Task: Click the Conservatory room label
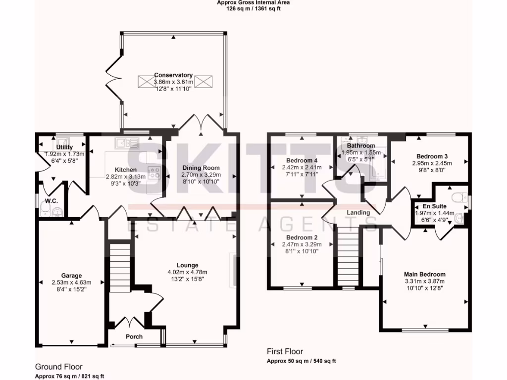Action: coord(173,75)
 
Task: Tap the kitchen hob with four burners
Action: coord(154,173)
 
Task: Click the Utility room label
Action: coord(64,147)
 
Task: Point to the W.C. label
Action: coord(52,201)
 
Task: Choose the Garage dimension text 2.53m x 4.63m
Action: coord(72,283)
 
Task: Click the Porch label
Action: coord(134,336)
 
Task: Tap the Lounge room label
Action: coord(188,265)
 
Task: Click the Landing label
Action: coord(358,212)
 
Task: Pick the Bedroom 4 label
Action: coord(302,160)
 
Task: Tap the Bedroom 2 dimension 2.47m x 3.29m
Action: coord(300,244)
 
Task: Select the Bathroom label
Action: coord(360,146)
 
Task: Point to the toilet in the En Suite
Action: coord(460,196)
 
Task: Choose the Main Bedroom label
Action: coord(424,274)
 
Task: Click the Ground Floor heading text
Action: coord(55,367)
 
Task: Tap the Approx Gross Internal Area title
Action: coord(253,2)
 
